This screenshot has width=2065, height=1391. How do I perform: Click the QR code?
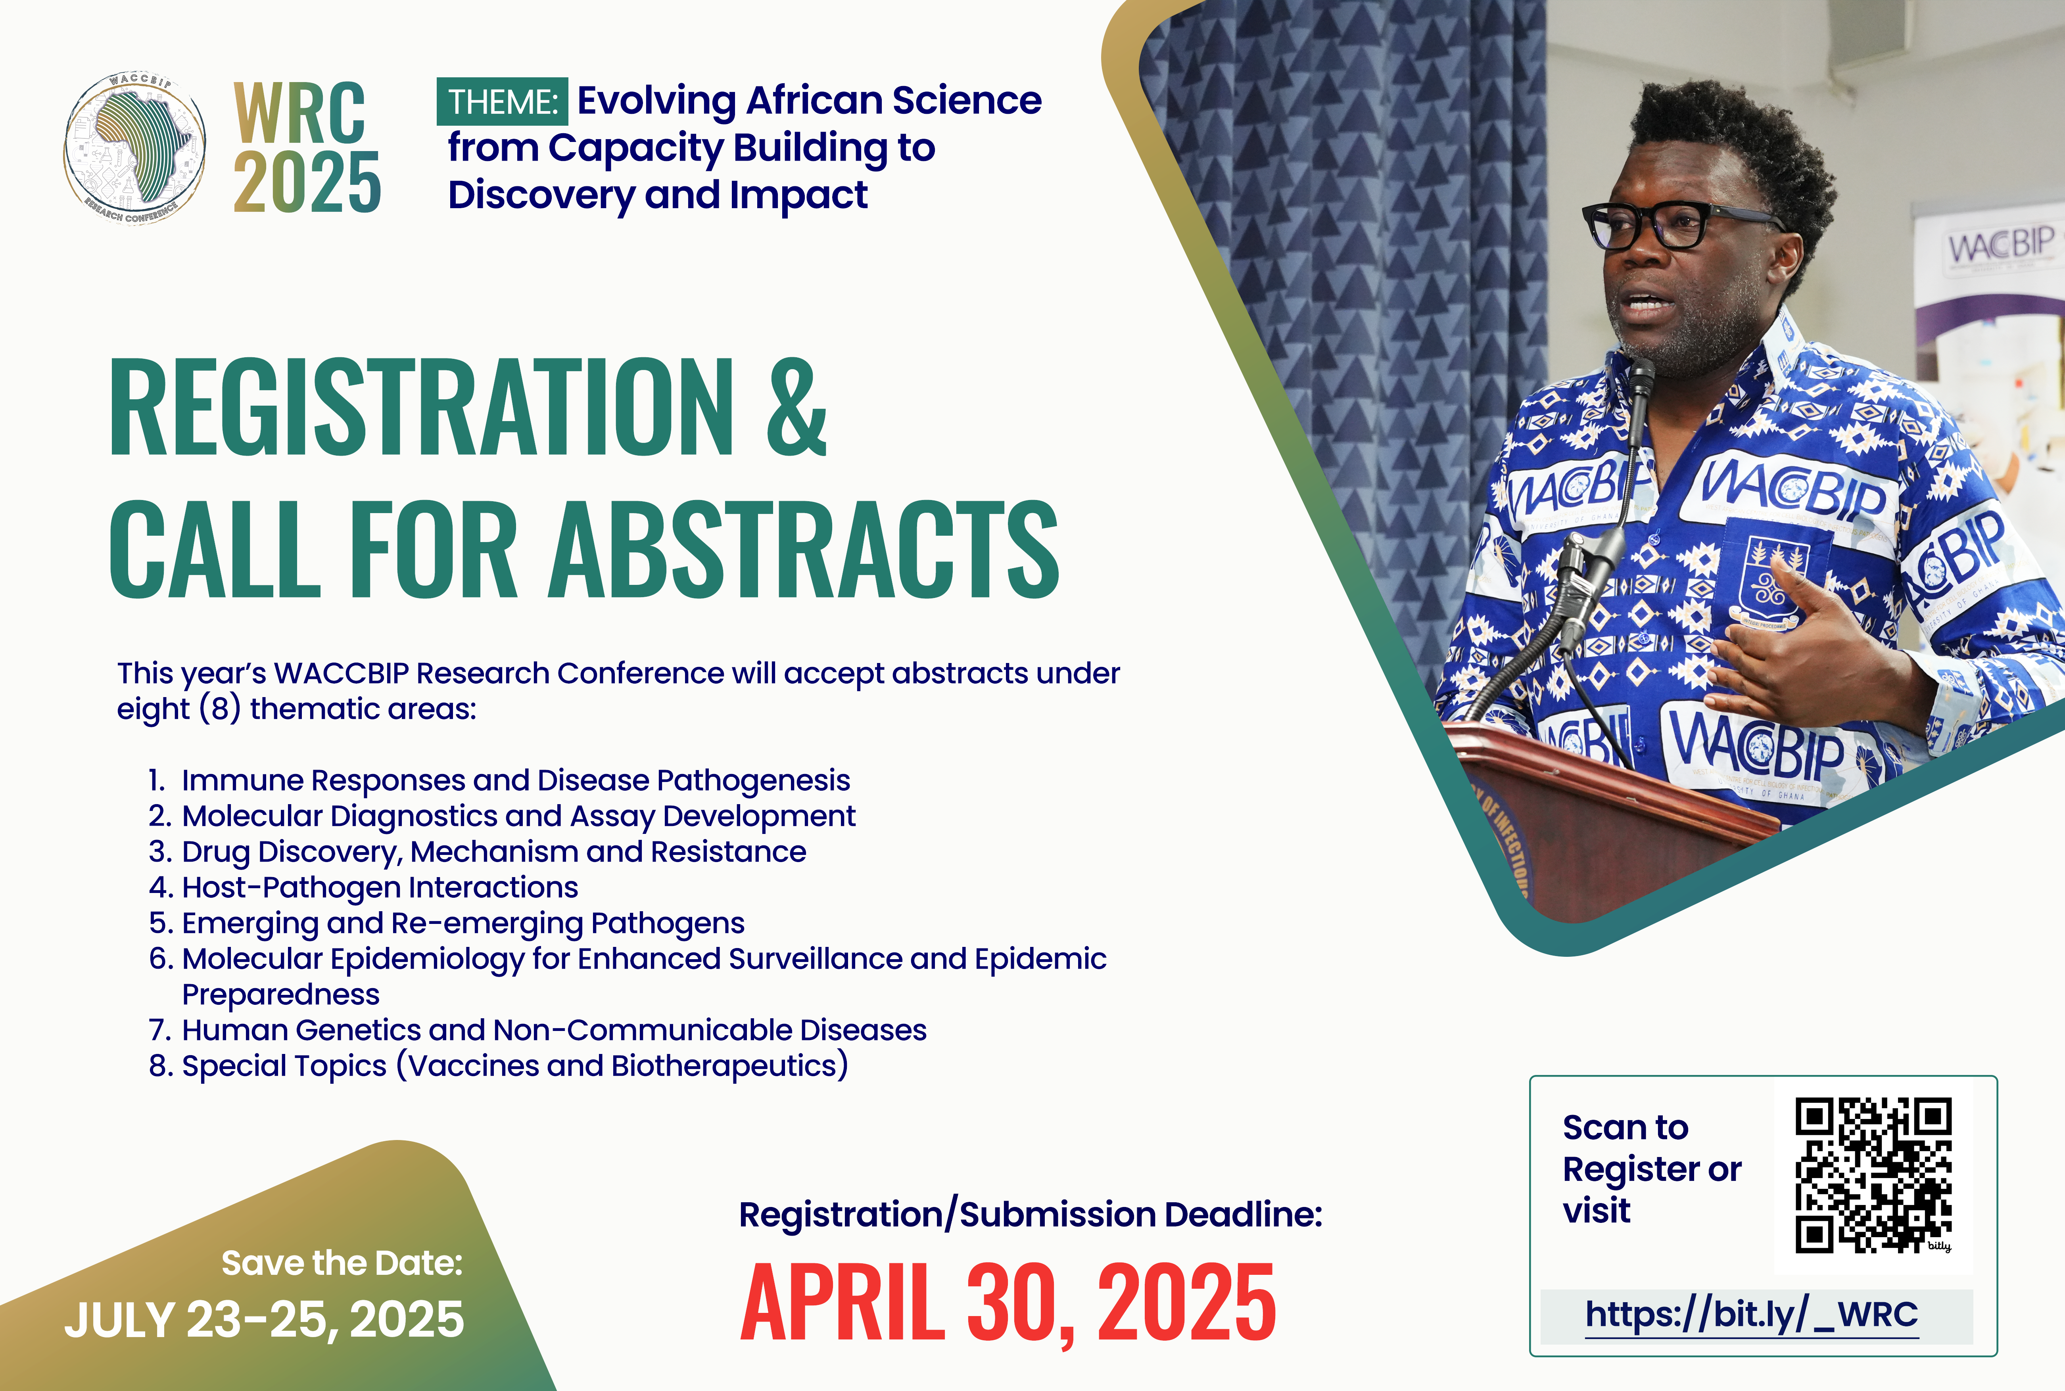coord(1873,1175)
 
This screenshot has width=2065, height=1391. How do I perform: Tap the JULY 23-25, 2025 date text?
coord(263,1320)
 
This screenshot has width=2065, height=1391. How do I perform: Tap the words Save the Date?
coord(342,1263)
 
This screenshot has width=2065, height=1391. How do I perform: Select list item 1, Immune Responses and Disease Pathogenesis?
coord(499,781)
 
